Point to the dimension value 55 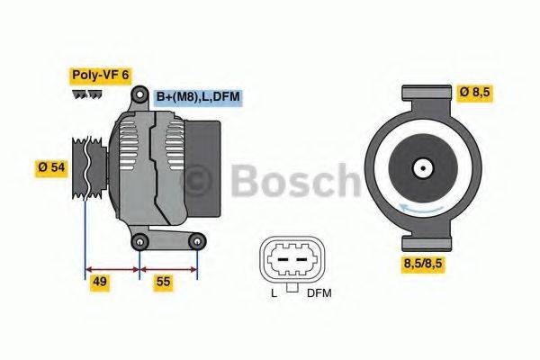[x=162, y=283]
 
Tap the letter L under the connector [x=274, y=293]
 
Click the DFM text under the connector [x=319, y=293]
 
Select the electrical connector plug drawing [x=291, y=260]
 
